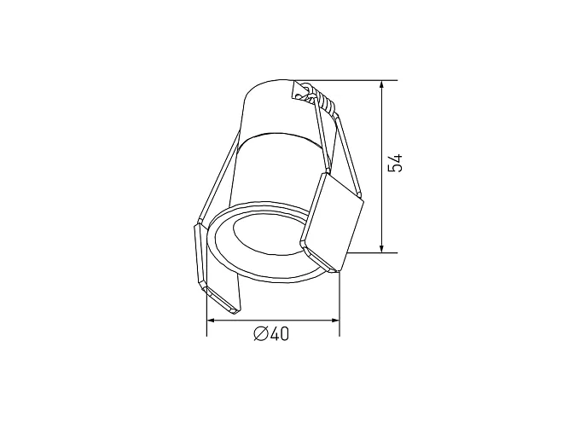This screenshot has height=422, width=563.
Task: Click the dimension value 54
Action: (x=396, y=163)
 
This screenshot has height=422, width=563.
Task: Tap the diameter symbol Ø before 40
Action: (x=261, y=334)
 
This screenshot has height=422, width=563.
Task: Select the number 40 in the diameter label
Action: (x=279, y=334)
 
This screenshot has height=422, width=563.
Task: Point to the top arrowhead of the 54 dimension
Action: (x=381, y=85)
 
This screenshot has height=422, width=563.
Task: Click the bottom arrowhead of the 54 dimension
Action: (x=381, y=248)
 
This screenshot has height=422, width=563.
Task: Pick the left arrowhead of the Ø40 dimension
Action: (x=212, y=320)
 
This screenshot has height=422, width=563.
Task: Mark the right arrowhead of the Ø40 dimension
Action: (x=334, y=320)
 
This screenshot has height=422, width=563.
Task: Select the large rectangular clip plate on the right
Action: (x=332, y=222)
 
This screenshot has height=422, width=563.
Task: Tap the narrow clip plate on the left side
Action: (x=216, y=269)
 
